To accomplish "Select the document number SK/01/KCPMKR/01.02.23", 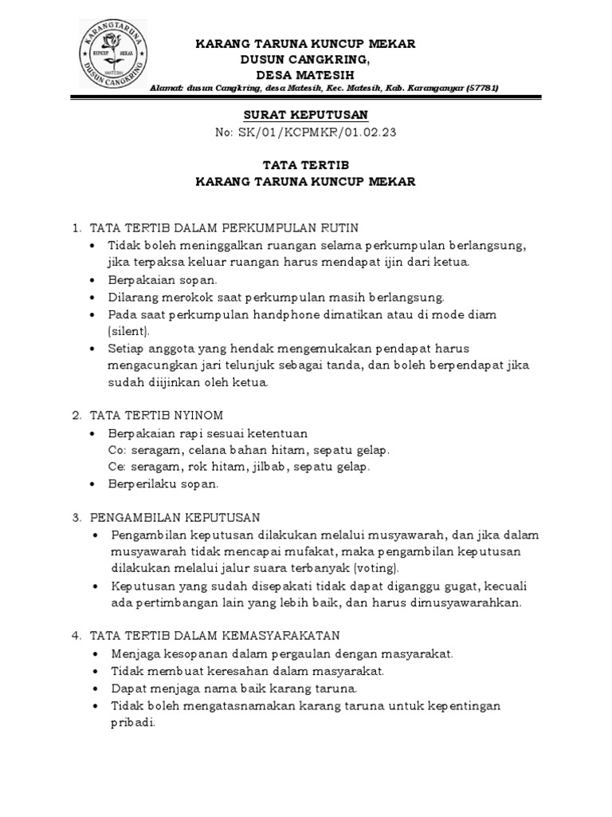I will point(318,132).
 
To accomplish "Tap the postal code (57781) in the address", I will point(480,88).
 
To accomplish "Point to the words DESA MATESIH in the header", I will point(305,74).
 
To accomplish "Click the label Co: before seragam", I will point(116,450).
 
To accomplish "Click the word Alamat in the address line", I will point(167,88).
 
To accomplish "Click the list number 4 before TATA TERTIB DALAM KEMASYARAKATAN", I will point(76,636).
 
